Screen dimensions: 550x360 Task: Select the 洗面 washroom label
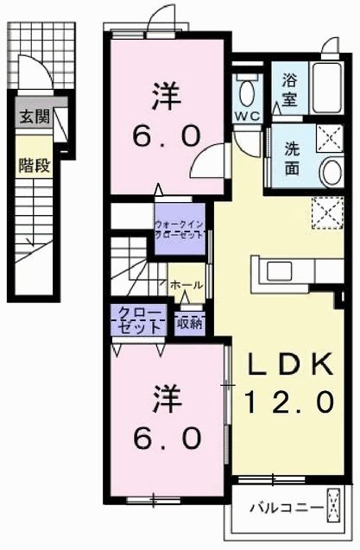(x=293, y=155)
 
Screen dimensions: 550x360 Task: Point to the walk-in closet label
(x=180, y=229)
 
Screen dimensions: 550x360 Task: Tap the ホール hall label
(x=186, y=284)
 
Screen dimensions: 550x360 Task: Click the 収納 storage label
(x=189, y=324)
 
